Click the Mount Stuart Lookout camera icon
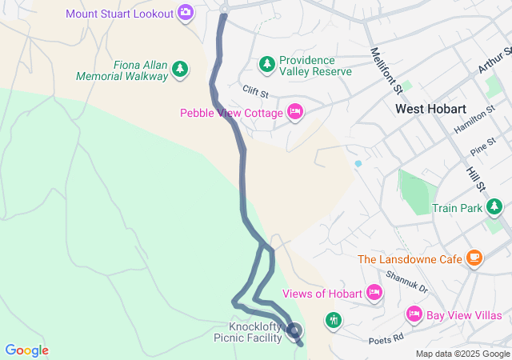(186, 12)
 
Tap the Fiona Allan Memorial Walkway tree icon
(181, 70)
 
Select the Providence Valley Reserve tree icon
(266, 63)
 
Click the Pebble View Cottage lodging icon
(294, 113)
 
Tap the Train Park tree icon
(496, 208)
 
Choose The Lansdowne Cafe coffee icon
(475, 258)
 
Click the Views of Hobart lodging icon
(373, 293)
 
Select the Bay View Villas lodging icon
(414, 313)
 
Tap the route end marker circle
(294, 330)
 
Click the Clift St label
(255, 94)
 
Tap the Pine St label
(483, 149)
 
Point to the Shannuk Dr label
(406, 281)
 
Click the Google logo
(26, 350)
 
